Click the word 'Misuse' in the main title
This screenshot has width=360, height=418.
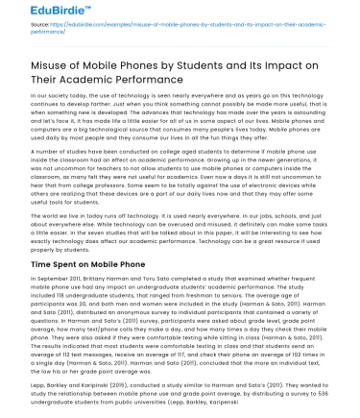(x=36, y=63)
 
